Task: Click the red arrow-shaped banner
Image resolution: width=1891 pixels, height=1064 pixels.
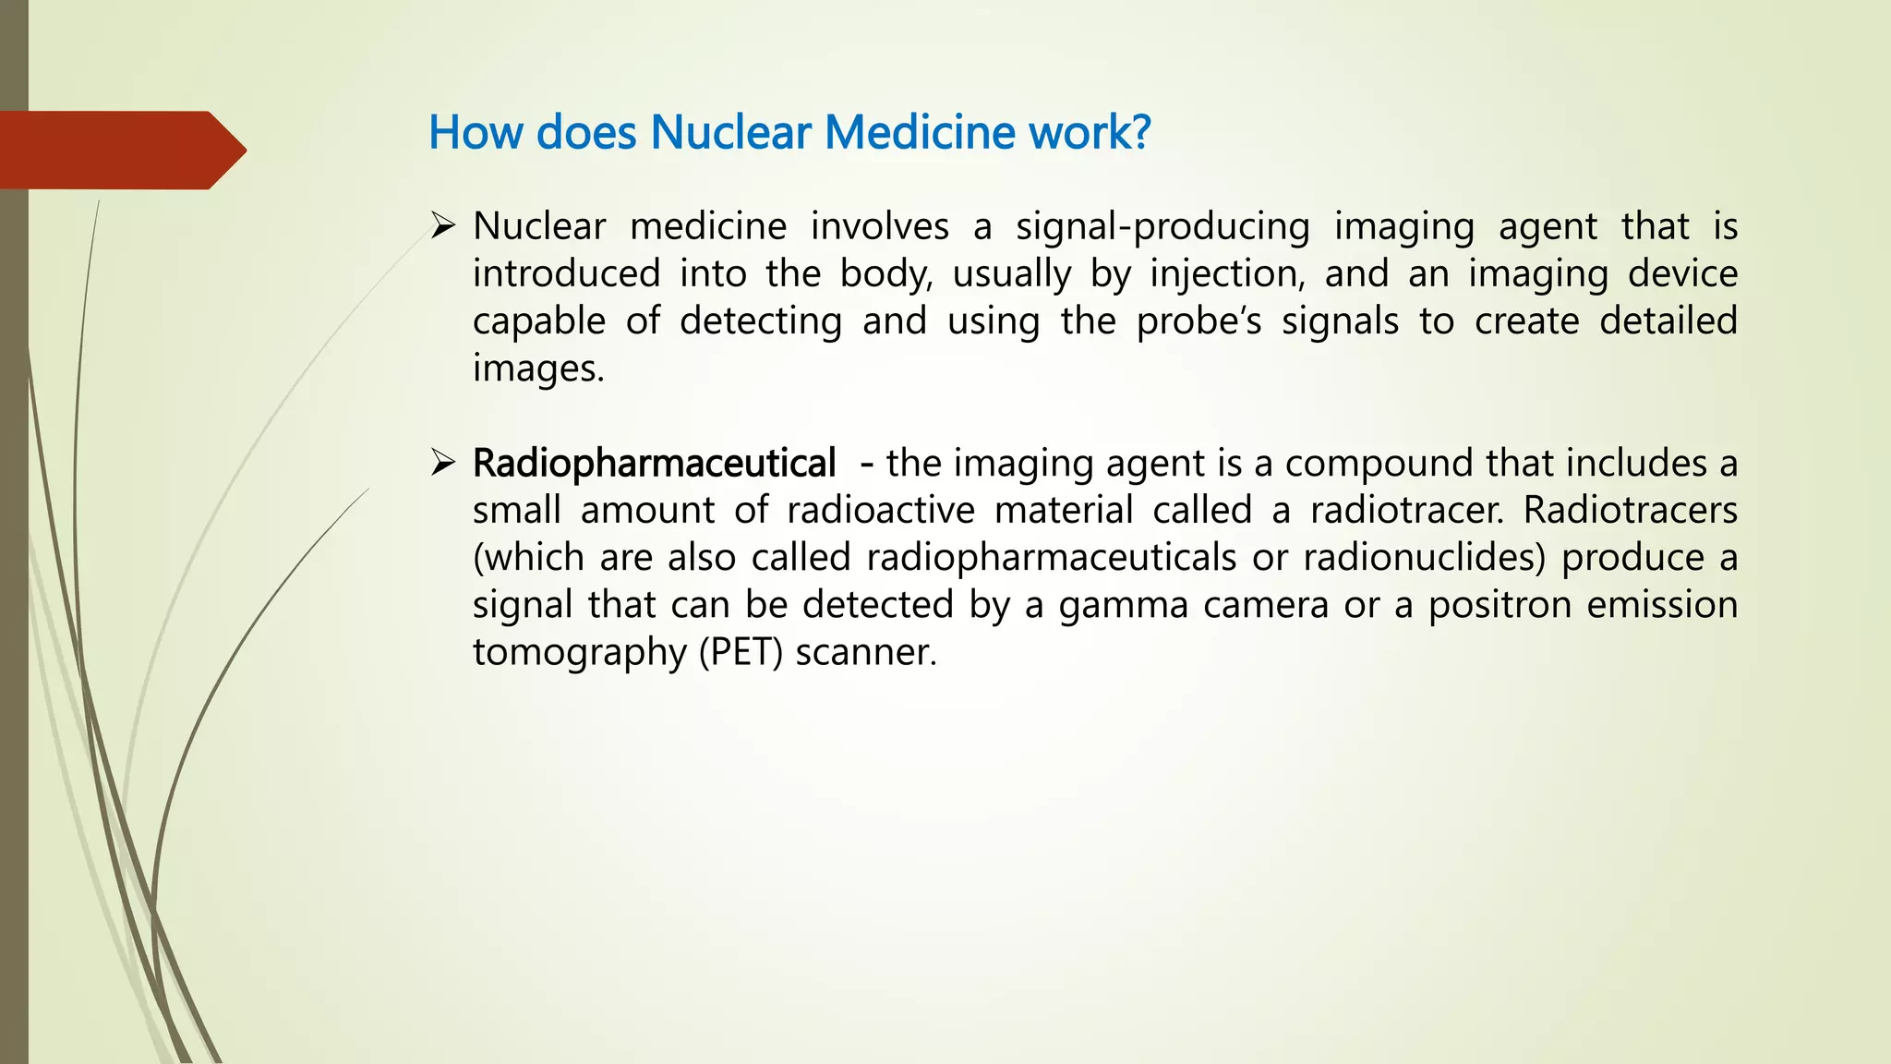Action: pos(120,150)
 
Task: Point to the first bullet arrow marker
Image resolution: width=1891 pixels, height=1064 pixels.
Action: pos(443,225)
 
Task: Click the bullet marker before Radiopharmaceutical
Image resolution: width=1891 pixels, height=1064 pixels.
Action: pos(443,462)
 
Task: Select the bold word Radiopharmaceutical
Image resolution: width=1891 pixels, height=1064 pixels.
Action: pos(654,463)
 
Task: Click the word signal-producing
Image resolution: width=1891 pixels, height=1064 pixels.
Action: pos(1162,227)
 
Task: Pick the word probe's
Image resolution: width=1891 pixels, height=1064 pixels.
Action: pos(1198,321)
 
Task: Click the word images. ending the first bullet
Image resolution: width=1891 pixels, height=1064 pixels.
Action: pos(538,369)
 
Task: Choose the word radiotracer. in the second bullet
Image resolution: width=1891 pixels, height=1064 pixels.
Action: pos(1406,510)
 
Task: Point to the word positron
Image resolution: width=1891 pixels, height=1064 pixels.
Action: pos(1500,605)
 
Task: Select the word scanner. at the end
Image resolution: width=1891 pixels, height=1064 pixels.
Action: pos(866,652)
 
